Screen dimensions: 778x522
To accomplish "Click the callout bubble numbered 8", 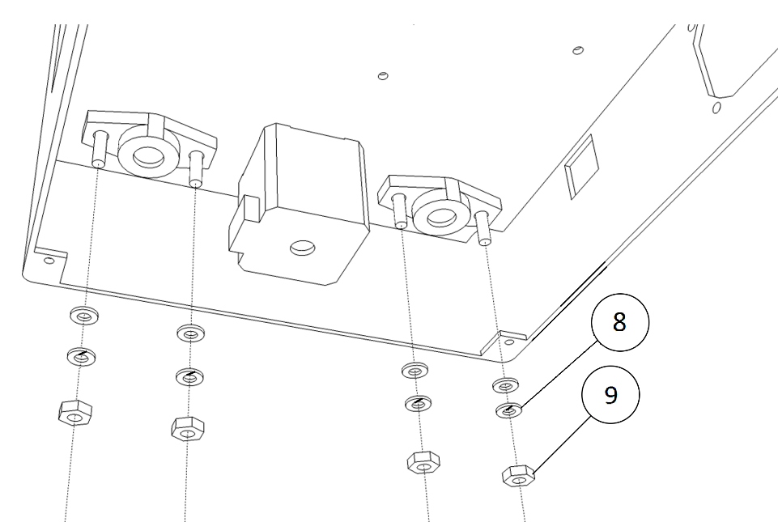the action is (x=619, y=322).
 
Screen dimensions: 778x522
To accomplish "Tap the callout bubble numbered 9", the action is (x=610, y=394).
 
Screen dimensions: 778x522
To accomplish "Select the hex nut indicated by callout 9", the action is (x=518, y=476).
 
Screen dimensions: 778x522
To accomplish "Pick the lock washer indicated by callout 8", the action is (x=509, y=410).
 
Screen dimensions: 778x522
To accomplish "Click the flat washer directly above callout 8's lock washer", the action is (x=505, y=384).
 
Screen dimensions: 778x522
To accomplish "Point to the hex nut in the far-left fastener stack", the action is (x=75, y=413).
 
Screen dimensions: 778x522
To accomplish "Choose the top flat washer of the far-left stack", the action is (x=84, y=315).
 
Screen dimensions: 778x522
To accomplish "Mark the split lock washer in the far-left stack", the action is (x=82, y=356).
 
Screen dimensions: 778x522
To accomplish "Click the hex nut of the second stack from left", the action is (x=188, y=429).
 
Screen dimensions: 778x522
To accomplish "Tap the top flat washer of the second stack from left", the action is (x=191, y=333).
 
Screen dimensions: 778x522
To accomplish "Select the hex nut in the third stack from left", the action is (x=423, y=462).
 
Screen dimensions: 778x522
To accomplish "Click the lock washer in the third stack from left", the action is (x=419, y=404).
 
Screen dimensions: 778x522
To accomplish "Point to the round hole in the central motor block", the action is (x=302, y=247).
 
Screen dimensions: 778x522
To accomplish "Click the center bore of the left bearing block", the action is (x=148, y=157).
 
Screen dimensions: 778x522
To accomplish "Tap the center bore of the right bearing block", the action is (x=440, y=217).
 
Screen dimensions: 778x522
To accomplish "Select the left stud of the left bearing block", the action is (x=100, y=149).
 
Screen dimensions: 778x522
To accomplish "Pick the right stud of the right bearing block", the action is (x=483, y=227).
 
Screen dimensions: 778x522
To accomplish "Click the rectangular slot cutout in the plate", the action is (x=583, y=167).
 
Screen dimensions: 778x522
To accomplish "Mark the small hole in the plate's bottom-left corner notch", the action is (x=49, y=260).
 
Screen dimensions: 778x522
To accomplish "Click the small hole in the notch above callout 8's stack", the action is (x=510, y=342).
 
